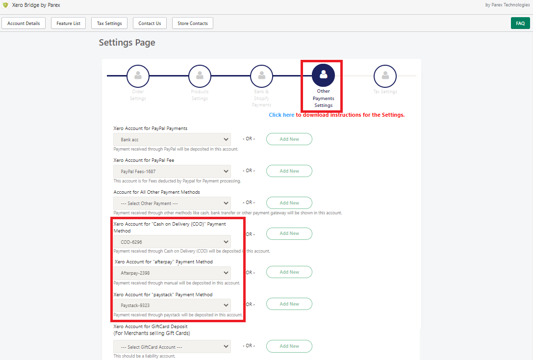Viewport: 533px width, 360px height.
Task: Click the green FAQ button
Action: coord(520,23)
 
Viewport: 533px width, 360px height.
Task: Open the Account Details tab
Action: coord(24,23)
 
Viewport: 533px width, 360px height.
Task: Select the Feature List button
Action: coord(68,23)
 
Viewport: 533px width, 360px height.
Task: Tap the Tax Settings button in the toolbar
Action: coord(109,23)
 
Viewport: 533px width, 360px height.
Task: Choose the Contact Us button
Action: coord(150,23)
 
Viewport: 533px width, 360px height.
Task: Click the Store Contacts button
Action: coord(193,23)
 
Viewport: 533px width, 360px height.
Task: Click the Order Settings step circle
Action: coord(138,76)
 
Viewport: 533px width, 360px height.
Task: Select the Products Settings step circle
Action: coord(200,76)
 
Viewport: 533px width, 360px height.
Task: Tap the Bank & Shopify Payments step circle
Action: coord(261,76)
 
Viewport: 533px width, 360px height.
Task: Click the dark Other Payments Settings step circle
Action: coord(323,75)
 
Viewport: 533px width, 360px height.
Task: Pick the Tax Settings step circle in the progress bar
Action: coord(385,76)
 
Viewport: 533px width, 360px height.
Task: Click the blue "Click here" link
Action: coord(281,115)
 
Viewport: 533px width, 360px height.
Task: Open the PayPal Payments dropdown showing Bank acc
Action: coord(172,140)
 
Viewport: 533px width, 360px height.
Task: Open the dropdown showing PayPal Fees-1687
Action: coord(172,172)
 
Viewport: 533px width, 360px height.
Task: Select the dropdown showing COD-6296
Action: coord(172,242)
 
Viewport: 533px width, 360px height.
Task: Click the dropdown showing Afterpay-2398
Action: coord(172,273)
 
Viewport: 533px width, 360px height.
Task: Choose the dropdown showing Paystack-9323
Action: coord(172,305)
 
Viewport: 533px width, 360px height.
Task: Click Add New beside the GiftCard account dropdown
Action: coord(289,346)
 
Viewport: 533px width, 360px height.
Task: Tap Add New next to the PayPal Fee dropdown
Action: coord(289,171)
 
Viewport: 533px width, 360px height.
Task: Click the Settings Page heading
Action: coord(127,43)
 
